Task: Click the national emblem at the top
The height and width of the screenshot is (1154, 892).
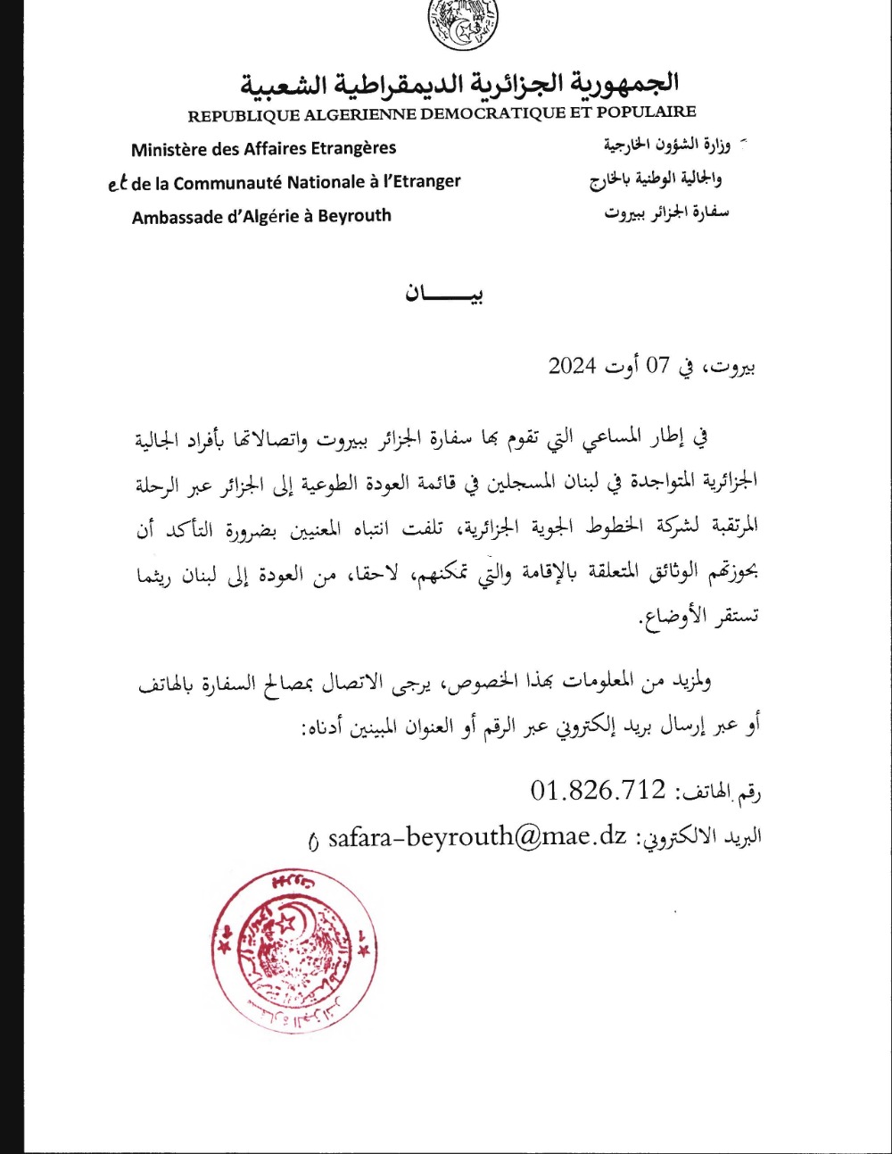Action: tap(463, 24)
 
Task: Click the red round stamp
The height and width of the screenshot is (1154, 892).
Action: tap(292, 951)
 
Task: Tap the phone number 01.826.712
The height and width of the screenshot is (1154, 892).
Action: tap(598, 789)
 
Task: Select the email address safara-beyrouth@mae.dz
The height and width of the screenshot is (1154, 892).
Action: tap(477, 837)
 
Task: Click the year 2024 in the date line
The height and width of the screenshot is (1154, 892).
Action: tap(572, 366)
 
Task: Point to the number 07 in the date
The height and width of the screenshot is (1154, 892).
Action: tap(657, 366)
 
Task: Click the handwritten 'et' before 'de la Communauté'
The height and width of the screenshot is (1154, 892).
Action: tap(117, 184)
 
